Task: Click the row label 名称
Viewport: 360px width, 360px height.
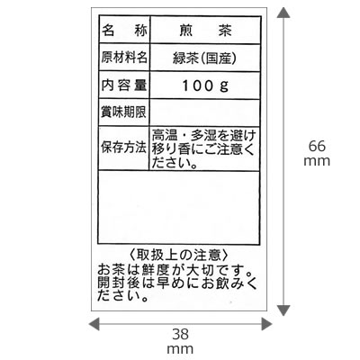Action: [124, 31]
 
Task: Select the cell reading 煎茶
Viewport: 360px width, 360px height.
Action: [205, 31]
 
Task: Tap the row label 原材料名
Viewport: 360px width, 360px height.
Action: [124, 58]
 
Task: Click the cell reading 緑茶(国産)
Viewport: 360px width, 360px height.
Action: [205, 58]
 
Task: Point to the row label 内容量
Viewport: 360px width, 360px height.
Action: [124, 85]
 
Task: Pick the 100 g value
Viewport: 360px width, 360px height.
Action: [205, 86]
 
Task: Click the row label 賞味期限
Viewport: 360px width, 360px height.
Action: [124, 112]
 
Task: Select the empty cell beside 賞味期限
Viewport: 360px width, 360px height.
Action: [205, 112]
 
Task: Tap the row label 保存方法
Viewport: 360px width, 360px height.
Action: [124, 148]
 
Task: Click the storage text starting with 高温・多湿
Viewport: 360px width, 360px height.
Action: [204, 148]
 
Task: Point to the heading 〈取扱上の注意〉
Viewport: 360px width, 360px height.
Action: [179, 256]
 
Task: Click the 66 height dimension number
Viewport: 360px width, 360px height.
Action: [317, 147]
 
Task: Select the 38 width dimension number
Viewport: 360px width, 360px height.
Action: [181, 334]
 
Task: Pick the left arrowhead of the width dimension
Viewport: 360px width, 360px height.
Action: [94, 324]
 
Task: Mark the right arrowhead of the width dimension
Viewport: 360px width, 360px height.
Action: [267, 324]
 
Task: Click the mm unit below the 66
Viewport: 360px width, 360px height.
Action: [317, 161]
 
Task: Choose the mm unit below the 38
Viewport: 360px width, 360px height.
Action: [180, 349]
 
